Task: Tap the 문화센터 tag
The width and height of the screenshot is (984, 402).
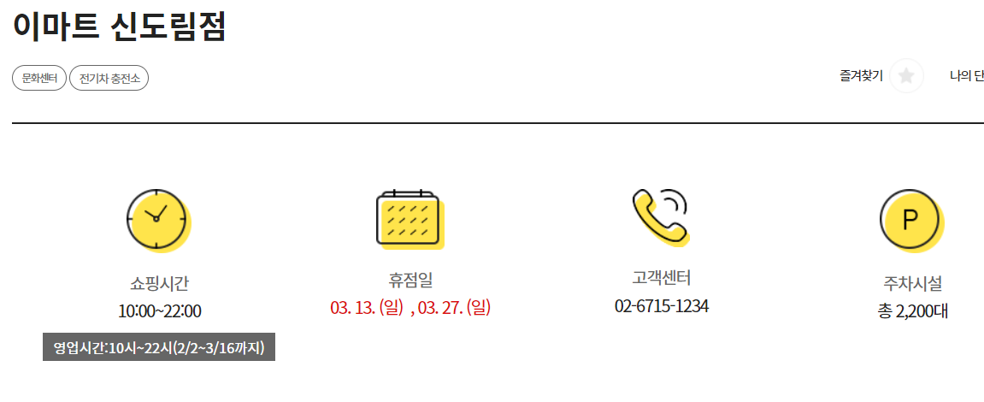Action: (39, 78)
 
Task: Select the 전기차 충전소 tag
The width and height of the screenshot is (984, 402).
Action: (109, 78)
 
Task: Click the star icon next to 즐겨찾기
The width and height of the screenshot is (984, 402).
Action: (906, 76)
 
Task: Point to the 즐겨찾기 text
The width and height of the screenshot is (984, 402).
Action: (861, 76)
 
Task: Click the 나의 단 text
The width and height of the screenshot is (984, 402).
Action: (966, 76)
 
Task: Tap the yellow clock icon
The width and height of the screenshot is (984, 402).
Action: (157, 219)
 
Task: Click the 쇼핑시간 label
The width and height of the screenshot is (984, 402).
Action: (159, 283)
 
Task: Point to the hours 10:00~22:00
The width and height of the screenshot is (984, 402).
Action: (160, 311)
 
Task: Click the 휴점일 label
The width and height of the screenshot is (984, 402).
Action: (410, 280)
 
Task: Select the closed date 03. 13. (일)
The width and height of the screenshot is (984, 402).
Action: (366, 307)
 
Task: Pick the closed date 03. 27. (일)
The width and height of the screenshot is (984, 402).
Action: (454, 307)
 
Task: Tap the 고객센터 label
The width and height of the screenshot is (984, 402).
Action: (661, 278)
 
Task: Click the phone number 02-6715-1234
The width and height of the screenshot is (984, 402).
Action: (662, 305)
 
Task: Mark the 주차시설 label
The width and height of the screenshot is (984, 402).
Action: (912, 283)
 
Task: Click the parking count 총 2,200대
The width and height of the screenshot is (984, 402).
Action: (912, 311)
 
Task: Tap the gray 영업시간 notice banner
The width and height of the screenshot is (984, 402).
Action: (159, 347)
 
